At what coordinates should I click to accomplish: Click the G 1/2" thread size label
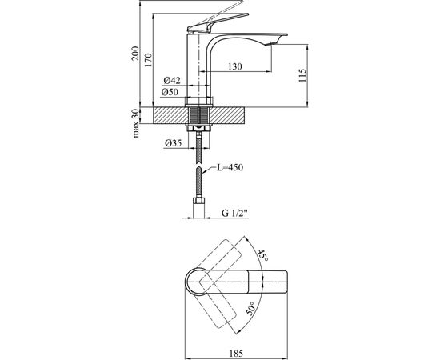pos(235,214)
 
